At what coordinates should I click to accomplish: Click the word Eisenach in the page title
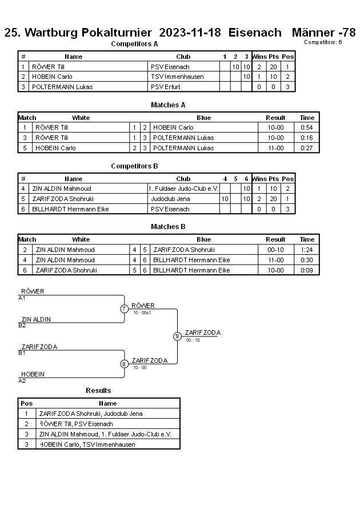pos(255,33)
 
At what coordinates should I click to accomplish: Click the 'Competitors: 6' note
pos(323,42)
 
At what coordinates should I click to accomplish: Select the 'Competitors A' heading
pos(134,44)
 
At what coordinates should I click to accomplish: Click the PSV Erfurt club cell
pos(165,87)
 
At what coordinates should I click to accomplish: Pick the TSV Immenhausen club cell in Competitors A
pos(177,77)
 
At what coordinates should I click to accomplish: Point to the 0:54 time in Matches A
pos(307,127)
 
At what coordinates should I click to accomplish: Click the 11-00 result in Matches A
pos(275,148)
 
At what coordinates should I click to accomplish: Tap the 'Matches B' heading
pos(168,227)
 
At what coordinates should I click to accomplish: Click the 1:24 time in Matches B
pos(307,250)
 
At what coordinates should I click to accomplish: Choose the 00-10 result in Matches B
pos(275,250)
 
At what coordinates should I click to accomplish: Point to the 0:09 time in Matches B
pos(307,270)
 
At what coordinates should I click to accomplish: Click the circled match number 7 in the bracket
pos(124,309)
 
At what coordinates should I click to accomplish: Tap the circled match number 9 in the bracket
pos(177,336)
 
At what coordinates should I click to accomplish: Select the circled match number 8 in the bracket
pos(124,364)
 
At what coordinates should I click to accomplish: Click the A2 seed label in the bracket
pos(22,380)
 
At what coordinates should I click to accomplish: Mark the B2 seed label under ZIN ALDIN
pos(22,326)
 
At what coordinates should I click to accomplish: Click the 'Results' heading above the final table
pos(98,391)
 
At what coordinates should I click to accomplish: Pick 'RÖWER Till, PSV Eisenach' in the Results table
pos(76,424)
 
